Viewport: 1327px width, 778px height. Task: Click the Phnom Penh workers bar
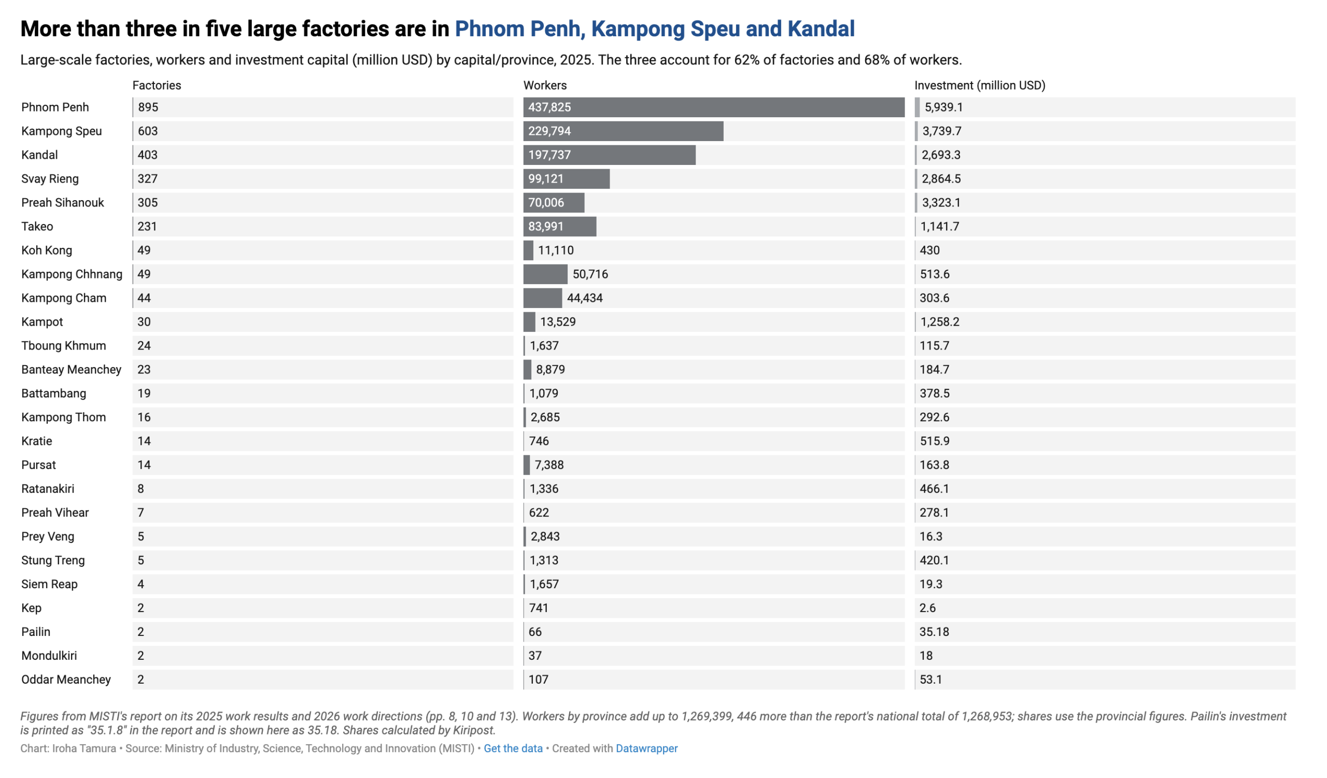click(x=714, y=107)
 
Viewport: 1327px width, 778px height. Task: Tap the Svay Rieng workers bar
click(x=567, y=179)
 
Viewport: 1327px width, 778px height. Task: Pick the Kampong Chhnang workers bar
click(x=545, y=274)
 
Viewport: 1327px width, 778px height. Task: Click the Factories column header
click(x=157, y=86)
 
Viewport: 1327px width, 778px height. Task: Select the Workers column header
click(x=545, y=86)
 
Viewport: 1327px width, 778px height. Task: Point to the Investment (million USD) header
click(x=980, y=86)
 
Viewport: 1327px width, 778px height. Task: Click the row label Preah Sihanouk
click(x=63, y=203)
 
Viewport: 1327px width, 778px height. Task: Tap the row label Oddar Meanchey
click(x=66, y=679)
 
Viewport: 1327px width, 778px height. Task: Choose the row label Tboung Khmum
click(x=64, y=346)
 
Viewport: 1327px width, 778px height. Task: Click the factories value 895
click(x=148, y=107)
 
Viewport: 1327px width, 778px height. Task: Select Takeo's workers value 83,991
click(x=546, y=227)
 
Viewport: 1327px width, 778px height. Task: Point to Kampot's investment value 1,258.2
click(x=940, y=322)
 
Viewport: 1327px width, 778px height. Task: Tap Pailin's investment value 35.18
click(x=934, y=632)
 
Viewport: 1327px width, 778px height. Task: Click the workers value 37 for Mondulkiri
click(x=535, y=656)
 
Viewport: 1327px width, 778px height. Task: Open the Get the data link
click(x=513, y=748)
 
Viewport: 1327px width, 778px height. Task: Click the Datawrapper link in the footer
click(x=646, y=748)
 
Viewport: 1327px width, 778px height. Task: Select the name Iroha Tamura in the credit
click(x=84, y=748)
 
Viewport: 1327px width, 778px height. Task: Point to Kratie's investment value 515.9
click(x=935, y=441)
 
